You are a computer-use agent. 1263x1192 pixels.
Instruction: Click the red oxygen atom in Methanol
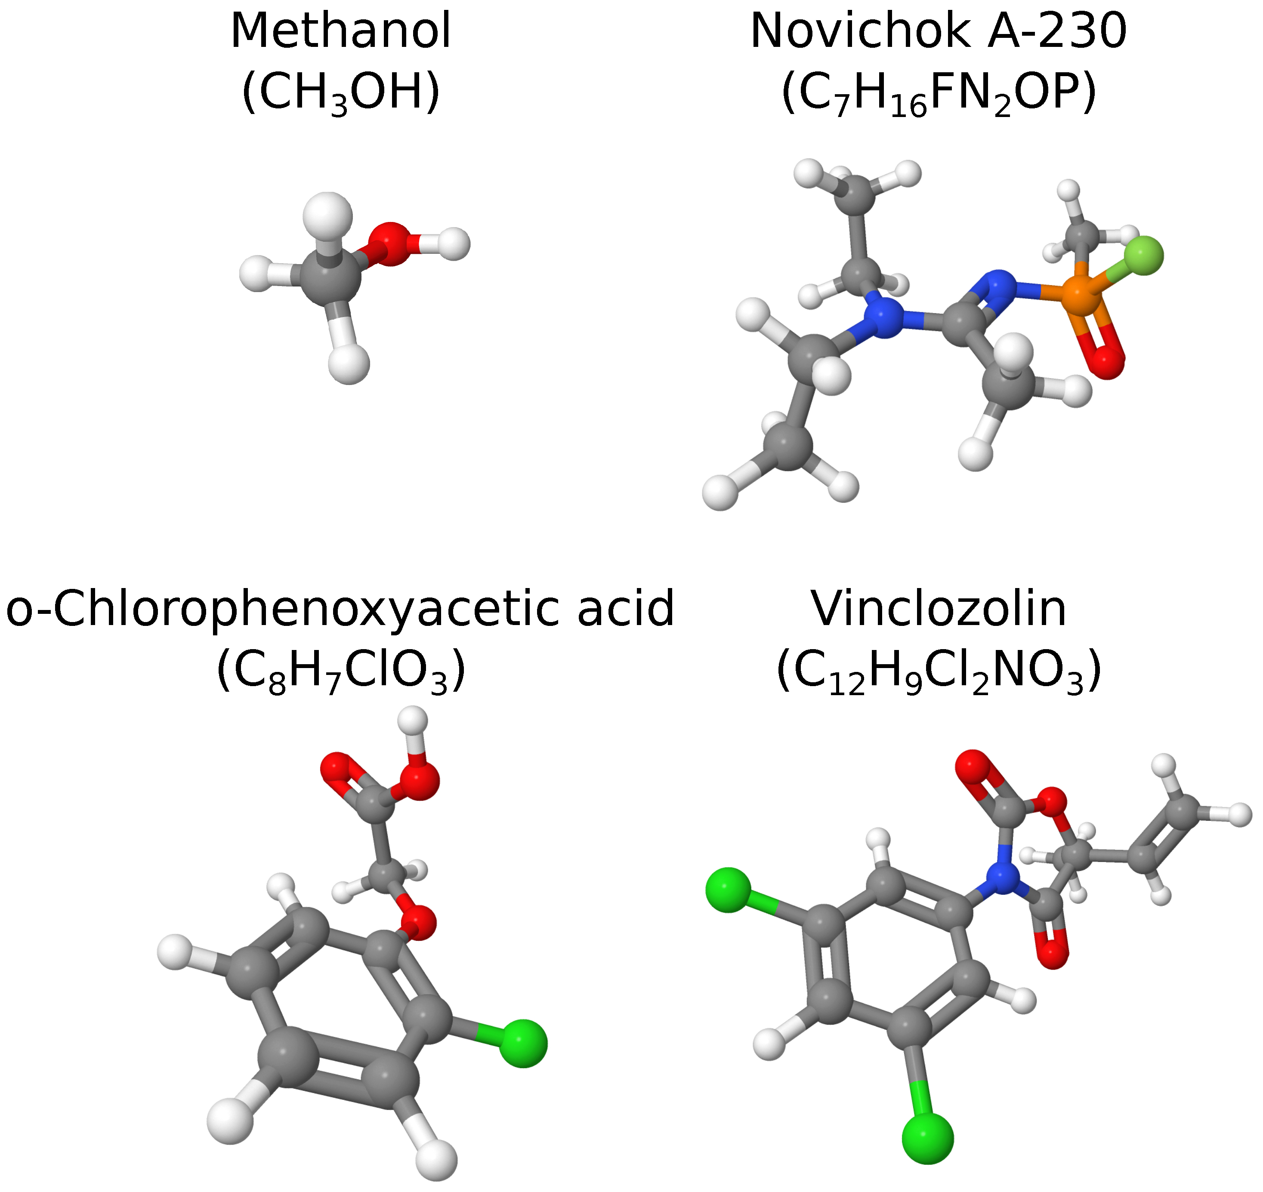389,243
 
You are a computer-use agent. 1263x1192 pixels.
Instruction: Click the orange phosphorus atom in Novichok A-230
1083,293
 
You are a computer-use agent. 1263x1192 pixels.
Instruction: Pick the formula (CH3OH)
341,92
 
